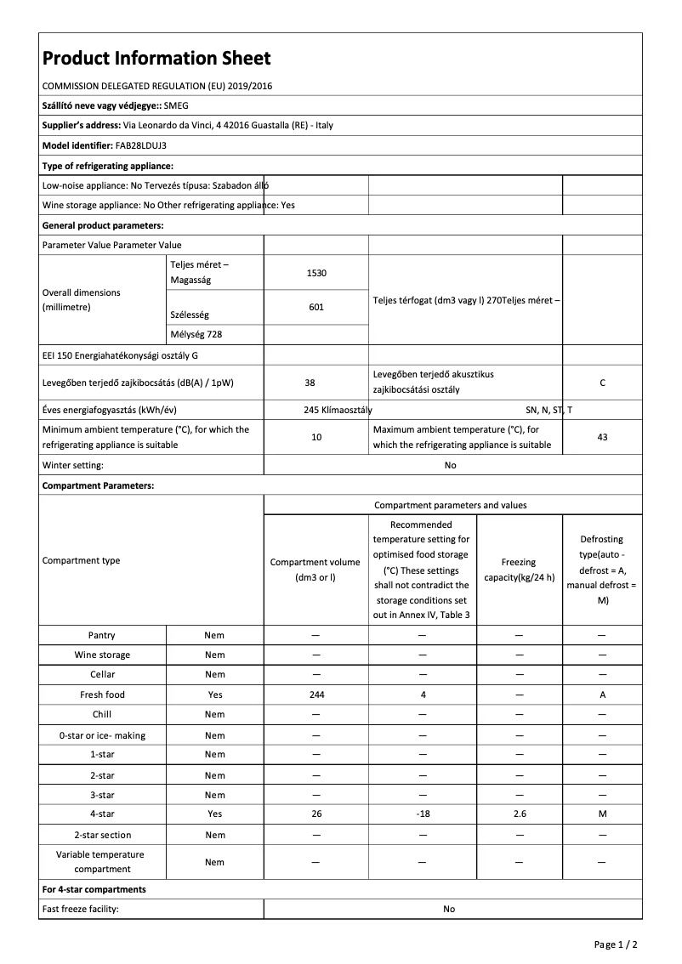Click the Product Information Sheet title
coord(156,58)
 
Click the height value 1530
coord(316,273)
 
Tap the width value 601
coord(316,307)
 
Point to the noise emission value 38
coord(310,383)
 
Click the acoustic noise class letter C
coord(602,383)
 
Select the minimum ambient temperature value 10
coord(316,437)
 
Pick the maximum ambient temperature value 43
coord(602,437)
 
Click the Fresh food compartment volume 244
coord(315,695)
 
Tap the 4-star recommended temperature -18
coord(423,814)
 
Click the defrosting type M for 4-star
coord(602,814)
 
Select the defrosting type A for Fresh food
coord(602,695)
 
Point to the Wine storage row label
coord(102,655)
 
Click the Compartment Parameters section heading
coord(98,485)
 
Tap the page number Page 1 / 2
coord(616,944)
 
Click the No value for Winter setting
coord(450,465)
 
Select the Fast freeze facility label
coord(81,909)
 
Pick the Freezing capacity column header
coord(519,570)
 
